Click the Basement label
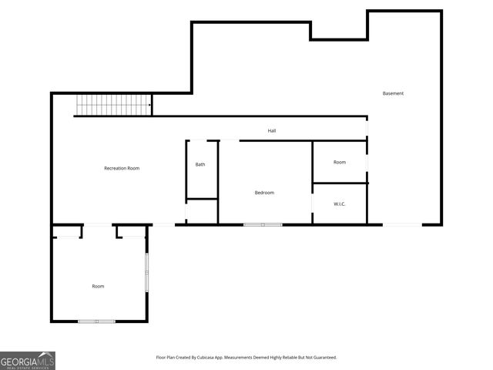point(393,93)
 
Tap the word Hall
point(272,131)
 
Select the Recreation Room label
point(122,168)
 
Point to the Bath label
point(200,164)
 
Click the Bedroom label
point(264,193)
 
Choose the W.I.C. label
point(340,204)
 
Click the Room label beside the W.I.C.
point(340,162)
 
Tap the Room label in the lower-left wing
point(98,286)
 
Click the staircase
point(113,105)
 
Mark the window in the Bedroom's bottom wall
point(263,224)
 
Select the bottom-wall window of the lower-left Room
point(96,321)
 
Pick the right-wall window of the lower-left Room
point(146,271)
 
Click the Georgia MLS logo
point(28,361)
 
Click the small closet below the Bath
point(202,212)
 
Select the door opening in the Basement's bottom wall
point(402,224)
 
